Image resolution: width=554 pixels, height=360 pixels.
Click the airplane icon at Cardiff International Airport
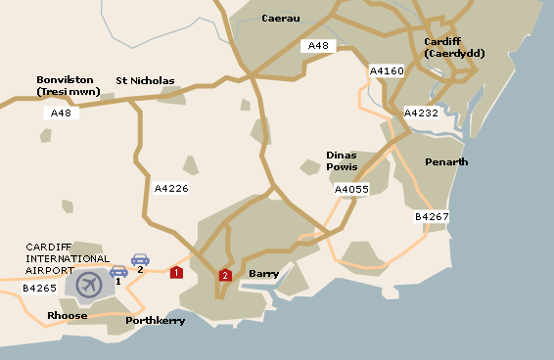click(89, 285)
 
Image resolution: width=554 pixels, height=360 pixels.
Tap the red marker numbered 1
click(176, 272)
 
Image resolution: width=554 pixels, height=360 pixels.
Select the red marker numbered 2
click(225, 276)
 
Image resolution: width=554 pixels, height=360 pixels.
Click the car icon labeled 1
click(118, 271)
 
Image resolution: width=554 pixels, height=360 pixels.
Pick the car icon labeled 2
click(140, 260)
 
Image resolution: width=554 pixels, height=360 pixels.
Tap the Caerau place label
click(281, 19)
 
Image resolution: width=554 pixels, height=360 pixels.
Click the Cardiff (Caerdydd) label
click(454, 47)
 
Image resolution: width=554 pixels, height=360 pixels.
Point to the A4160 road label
click(387, 70)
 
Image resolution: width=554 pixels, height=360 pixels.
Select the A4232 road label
click(423, 112)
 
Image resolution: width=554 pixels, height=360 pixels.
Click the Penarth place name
click(446, 161)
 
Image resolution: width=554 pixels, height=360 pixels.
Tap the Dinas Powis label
click(343, 160)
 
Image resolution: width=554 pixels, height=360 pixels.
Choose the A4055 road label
click(351, 189)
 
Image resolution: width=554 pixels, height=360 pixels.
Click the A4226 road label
click(171, 187)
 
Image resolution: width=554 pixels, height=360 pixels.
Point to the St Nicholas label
click(145, 80)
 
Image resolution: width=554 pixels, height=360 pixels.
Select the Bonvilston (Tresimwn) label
click(67, 85)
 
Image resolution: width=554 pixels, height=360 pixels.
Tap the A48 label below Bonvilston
click(61, 112)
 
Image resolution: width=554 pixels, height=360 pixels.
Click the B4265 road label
click(40, 289)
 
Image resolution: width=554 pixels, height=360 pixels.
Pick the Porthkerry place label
click(155, 320)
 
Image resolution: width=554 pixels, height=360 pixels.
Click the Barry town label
click(264, 274)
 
